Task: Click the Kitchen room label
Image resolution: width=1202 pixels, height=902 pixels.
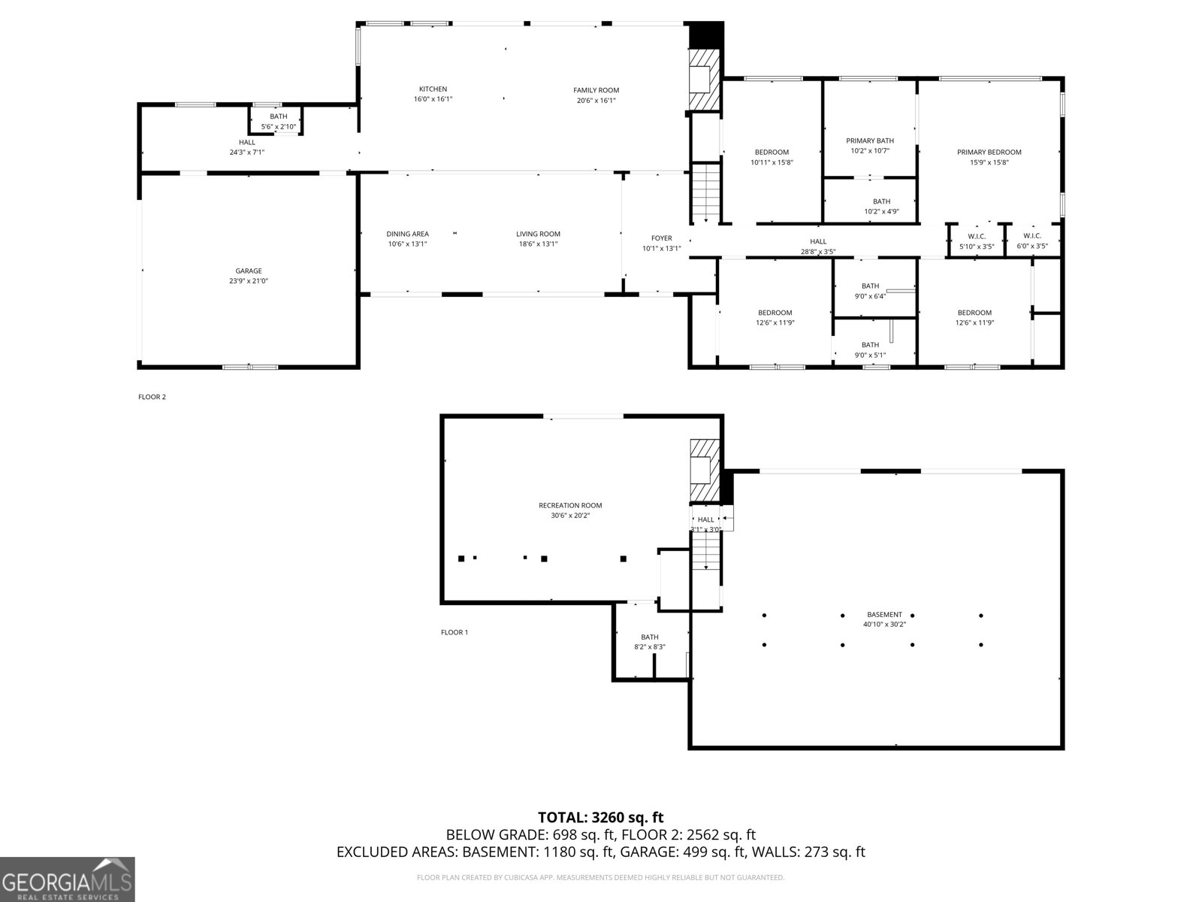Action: (x=433, y=89)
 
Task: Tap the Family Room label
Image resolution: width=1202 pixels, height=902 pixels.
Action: (x=596, y=90)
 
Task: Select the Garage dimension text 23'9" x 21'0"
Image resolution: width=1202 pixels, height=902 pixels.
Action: (x=249, y=281)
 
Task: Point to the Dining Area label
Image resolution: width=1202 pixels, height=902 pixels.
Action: (x=407, y=234)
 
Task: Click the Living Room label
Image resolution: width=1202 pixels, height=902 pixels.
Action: (x=538, y=234)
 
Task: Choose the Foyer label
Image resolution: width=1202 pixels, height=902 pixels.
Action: (x=662, y=238)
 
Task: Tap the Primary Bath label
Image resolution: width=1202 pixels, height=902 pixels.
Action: (x=870, y=141)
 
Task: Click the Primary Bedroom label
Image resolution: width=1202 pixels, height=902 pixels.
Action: (x=989, y=153)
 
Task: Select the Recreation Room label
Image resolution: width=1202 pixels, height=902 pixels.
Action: (x=570, y=505)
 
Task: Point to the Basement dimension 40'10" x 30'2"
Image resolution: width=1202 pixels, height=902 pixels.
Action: (x=884, y=624)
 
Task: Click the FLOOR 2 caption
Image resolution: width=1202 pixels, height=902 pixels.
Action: (x=152, y=397)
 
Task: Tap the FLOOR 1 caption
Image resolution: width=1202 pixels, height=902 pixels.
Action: (x=455, y=632)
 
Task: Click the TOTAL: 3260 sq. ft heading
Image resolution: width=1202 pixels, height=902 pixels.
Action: (x=600, y=818)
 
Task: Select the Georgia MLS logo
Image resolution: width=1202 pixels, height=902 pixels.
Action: (x=68, y=879)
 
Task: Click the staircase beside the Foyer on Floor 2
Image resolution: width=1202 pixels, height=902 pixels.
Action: (x=705, y=192)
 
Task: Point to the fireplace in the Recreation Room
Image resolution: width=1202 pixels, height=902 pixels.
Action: (x=705, y=471)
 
